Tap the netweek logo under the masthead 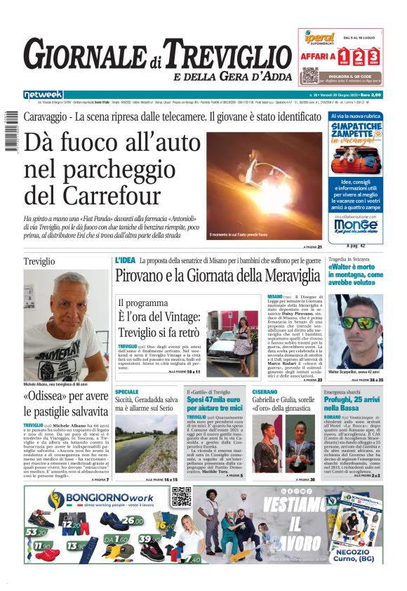point(43,94)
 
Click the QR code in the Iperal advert point(309,75)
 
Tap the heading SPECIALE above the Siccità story point(127,392)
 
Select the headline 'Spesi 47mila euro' point(214,399)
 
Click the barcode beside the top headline point(11,132)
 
